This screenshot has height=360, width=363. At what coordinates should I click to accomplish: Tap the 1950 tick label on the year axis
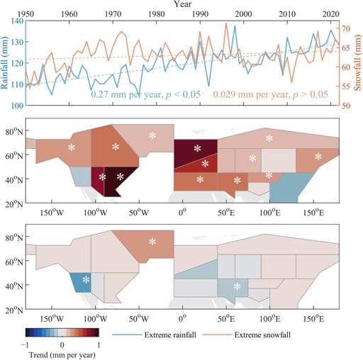click(26, 14)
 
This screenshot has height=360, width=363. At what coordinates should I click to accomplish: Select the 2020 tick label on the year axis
click(328, 14)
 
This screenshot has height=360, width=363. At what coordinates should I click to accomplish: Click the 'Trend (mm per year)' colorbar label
click(63, 354)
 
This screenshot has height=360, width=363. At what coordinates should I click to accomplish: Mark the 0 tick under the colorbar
click(62, 344)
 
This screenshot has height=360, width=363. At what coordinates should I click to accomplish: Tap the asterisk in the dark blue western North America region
click(86, 280)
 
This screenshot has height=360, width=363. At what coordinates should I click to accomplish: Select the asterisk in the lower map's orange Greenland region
click(152, 242)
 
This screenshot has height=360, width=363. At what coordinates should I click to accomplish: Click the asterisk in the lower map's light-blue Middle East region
click(237, 287)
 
